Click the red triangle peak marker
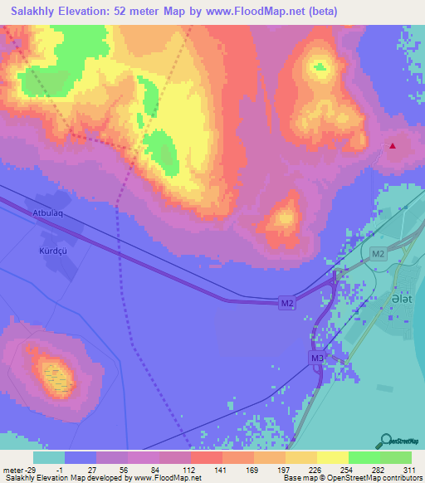tap(393, 146)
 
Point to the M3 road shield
tap(317, 358)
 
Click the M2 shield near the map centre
tap(286, 305)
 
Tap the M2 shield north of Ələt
tap(379, 254)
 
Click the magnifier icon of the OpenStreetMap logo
tap(386, 441)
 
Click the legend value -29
tap(31, 469)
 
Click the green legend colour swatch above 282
tap(364, 457)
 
